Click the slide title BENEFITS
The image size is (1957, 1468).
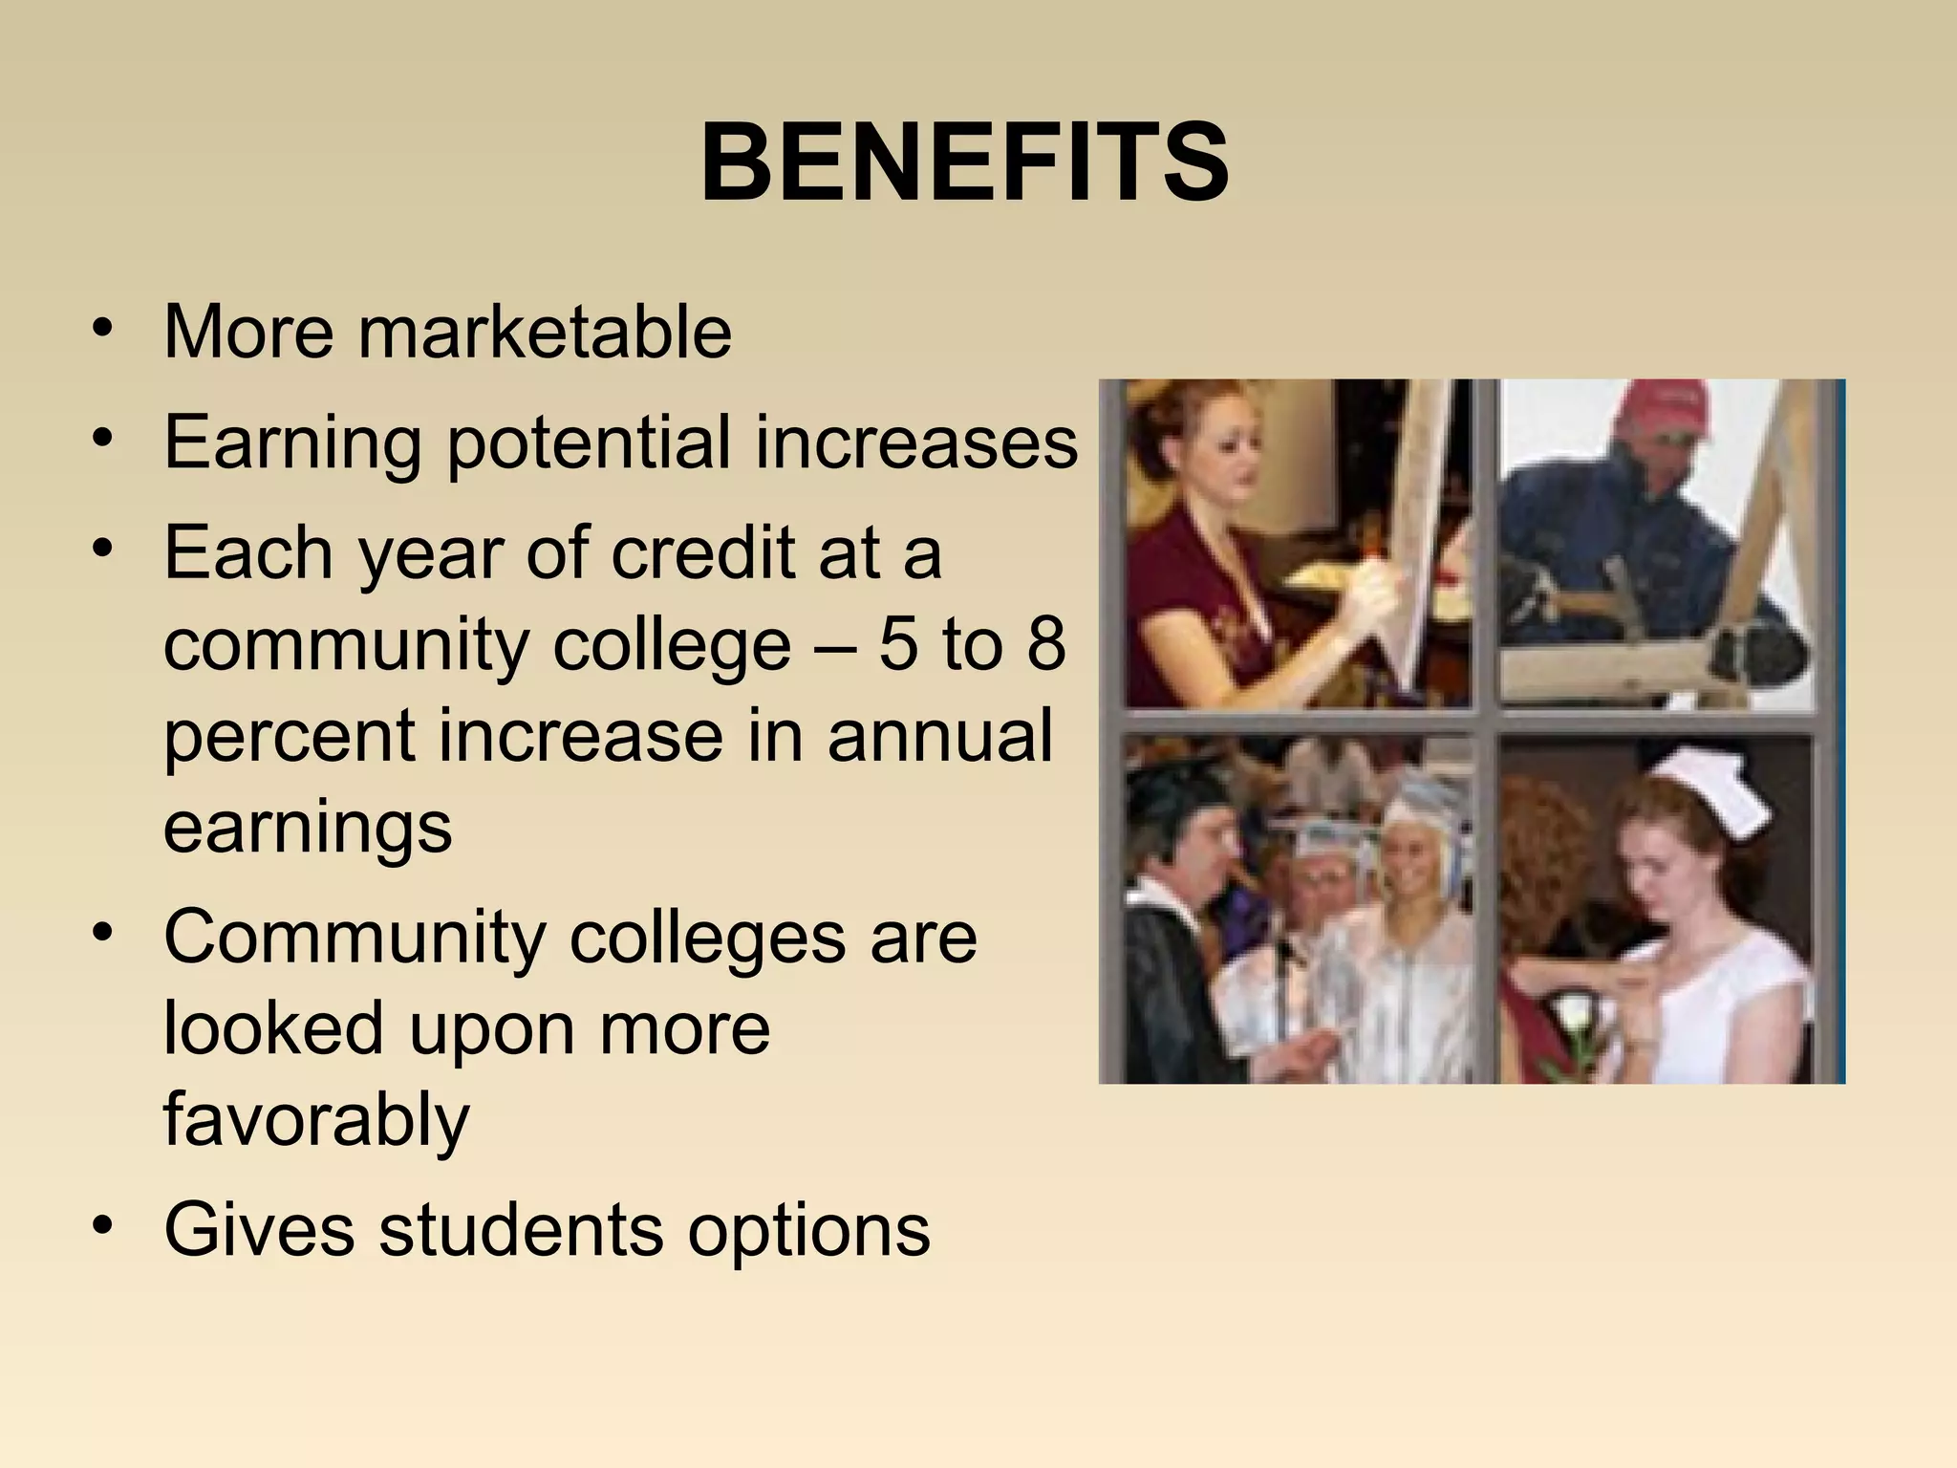(x=965, y=164)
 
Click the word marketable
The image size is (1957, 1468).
(x=545, y=332)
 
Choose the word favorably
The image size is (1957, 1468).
(x=316, y=1121)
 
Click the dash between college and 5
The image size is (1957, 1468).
(x=834, y=646)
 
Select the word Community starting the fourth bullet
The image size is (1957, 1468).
(x=355, y=939)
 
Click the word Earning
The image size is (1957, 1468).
(x=292, y=444)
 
